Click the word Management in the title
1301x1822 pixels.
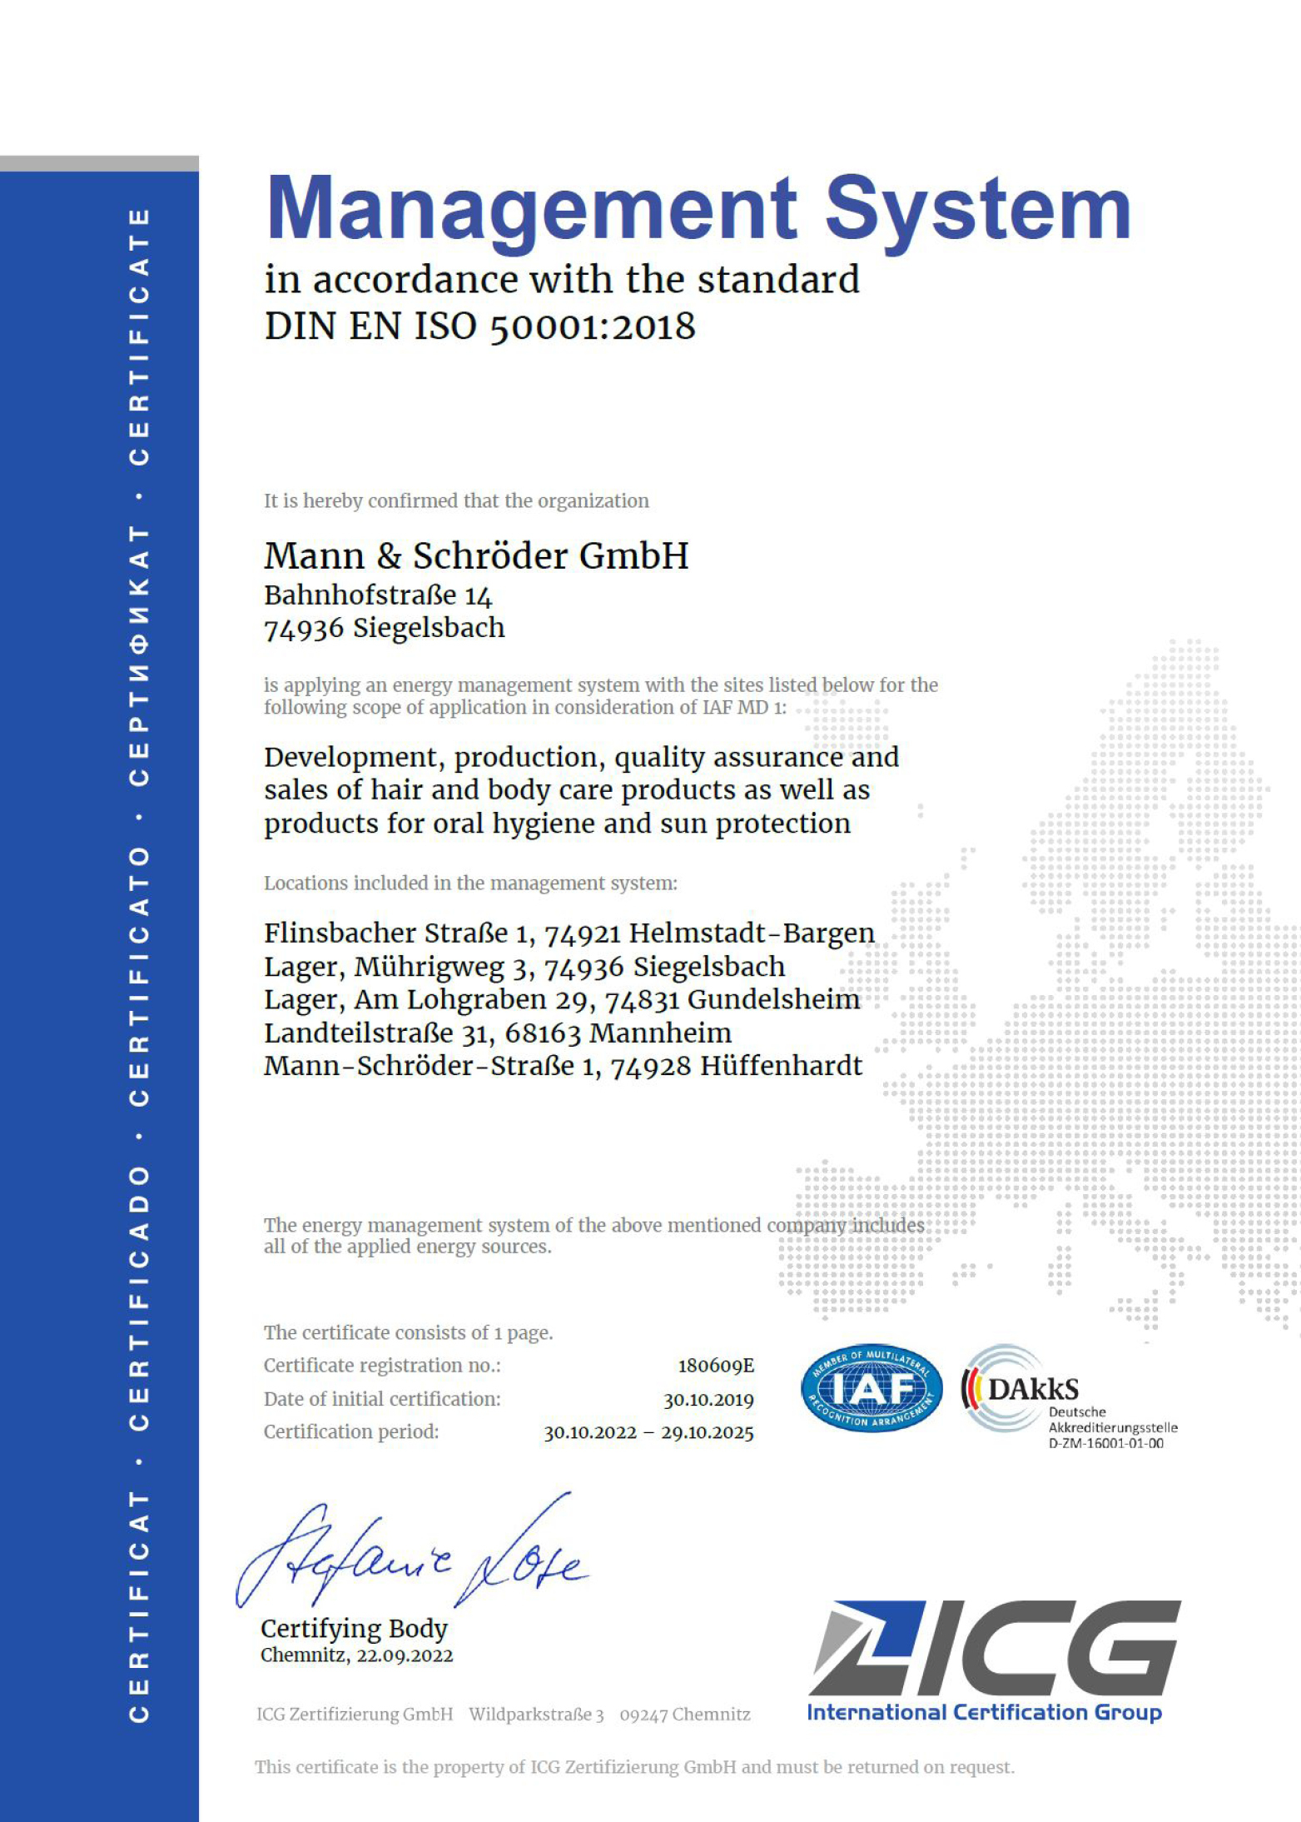531,208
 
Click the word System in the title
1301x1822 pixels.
977,208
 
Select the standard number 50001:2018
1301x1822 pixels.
592,326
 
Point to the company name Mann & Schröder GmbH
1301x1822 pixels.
476,555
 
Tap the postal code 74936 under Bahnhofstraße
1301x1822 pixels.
303,629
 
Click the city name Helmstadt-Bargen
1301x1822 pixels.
751,933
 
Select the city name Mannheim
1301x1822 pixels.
660,1033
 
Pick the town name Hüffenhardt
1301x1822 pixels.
781,1066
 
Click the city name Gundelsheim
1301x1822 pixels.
773,999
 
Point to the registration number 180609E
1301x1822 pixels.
716,1366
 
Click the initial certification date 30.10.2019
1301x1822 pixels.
708,1400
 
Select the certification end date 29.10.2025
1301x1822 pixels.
708,1433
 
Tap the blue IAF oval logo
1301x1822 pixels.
871,1388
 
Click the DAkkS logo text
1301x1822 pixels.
1033,1389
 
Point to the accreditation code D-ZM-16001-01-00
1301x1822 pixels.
1105,1444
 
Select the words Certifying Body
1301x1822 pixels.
354,1628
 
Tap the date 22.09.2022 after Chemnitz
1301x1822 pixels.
405,1655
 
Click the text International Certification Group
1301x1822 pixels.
984,1712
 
